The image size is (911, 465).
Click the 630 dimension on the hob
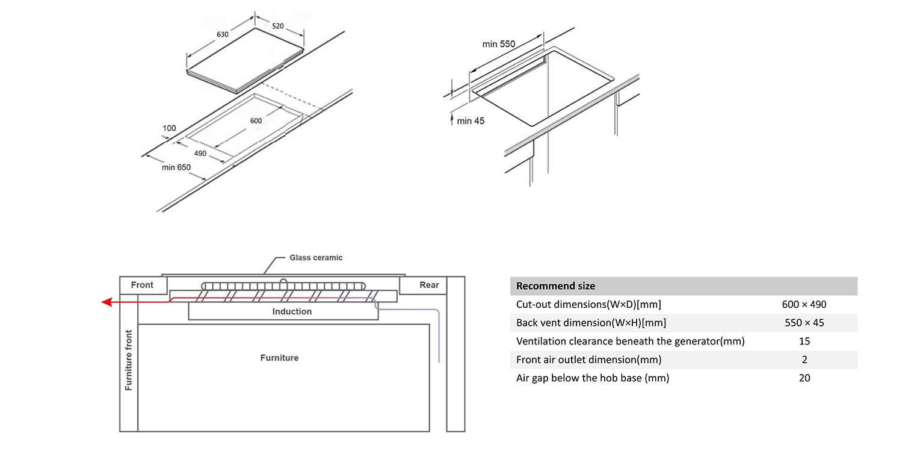[223, 34]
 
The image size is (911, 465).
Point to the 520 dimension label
[278, 26]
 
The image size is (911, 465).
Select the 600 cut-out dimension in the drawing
[256, 120]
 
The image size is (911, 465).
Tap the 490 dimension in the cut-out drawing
[200, 153]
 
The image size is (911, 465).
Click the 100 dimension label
[169, 128]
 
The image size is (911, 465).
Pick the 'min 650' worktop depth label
[176, 167]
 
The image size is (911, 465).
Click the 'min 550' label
[498, 44]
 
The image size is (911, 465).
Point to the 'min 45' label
[470, 121]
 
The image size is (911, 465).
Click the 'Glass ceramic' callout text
[316, 258]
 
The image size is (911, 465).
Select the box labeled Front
[142, 285]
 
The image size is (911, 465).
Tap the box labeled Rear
[429, 285]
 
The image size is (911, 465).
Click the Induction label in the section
[292, 311]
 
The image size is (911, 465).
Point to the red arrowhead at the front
[107, 302]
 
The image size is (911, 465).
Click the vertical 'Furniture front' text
[128, 360]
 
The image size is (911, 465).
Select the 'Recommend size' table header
[555, 286]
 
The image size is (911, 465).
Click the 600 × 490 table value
[804, 304]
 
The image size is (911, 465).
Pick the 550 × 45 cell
[804, 323]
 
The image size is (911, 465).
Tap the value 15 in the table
[804, 341]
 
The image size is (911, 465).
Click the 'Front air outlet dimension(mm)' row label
[588, 360]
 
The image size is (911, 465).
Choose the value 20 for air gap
[804, 378]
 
